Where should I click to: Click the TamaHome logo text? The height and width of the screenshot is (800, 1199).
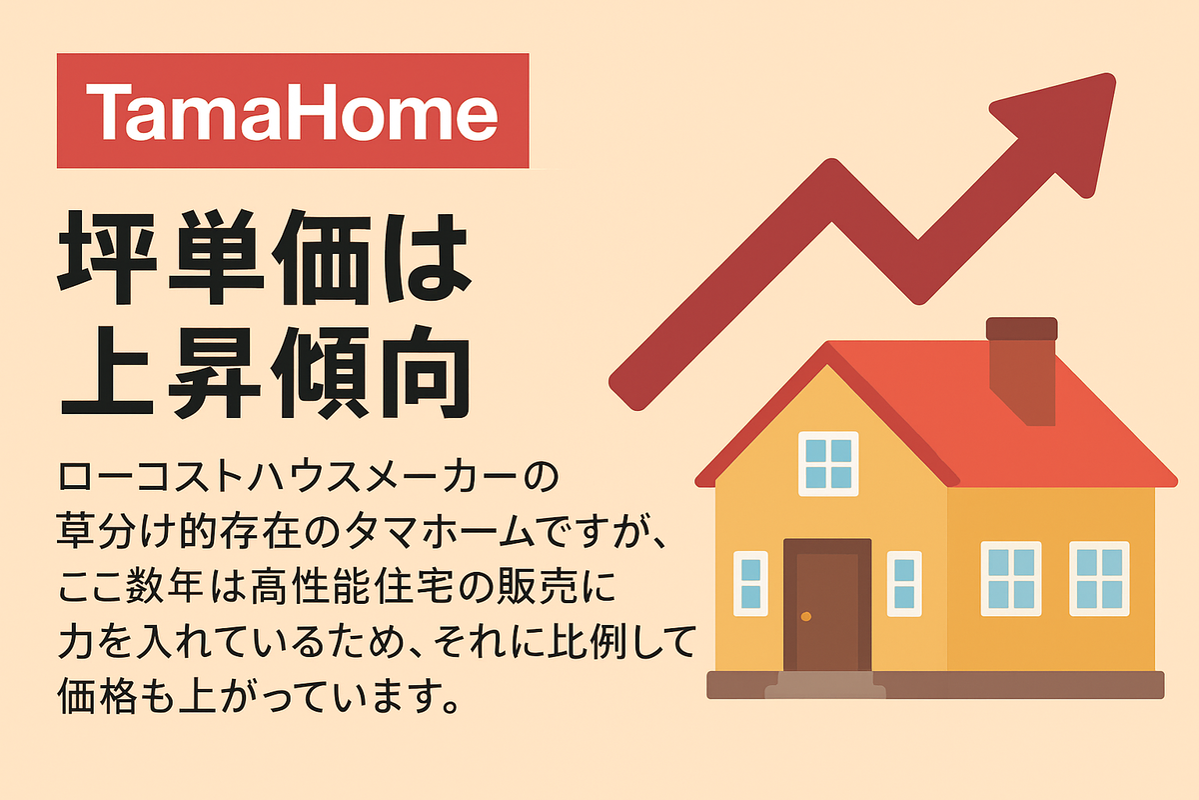pyautogui.click(x=292, y=111)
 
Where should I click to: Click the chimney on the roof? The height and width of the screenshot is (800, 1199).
pyautogui.click(x=1022, y=371)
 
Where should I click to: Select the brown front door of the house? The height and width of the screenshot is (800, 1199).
pyautogui.click(x=827, y=604)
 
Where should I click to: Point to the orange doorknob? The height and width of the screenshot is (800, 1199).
pyautogui.click(x=806, y=617)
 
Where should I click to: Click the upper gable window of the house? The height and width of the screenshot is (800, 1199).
pyautogui.click(x=828, y=463)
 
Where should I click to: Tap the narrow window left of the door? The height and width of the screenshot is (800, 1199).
pyautogui.click(x=750, y=584)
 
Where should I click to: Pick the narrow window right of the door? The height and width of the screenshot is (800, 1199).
pyautogui.click(x=904, y=584)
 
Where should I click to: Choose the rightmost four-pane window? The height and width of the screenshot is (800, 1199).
pyautogui.click(x=1099, y=579)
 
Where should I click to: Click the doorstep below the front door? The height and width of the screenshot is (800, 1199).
pyautogui.click(x=825, y=685)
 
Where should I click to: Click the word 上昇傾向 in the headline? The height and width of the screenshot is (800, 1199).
pyautogui.click(x=266, y=372)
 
